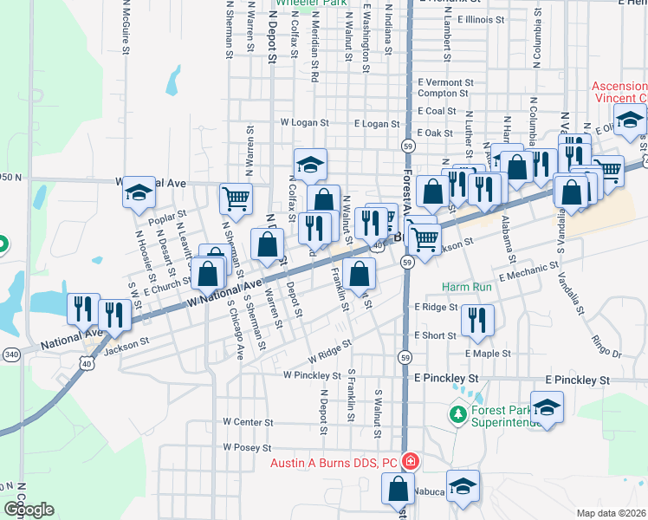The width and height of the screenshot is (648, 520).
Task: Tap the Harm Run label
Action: tap(466, 286)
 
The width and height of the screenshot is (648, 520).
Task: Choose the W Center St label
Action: tap(248, 422)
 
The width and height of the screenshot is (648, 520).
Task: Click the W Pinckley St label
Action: tap(312, 375)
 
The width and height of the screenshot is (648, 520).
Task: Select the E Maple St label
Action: tap(487, 354)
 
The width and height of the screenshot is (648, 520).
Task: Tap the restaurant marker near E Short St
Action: tap(477, 320)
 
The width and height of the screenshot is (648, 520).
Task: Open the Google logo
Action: tap(29, 510)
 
